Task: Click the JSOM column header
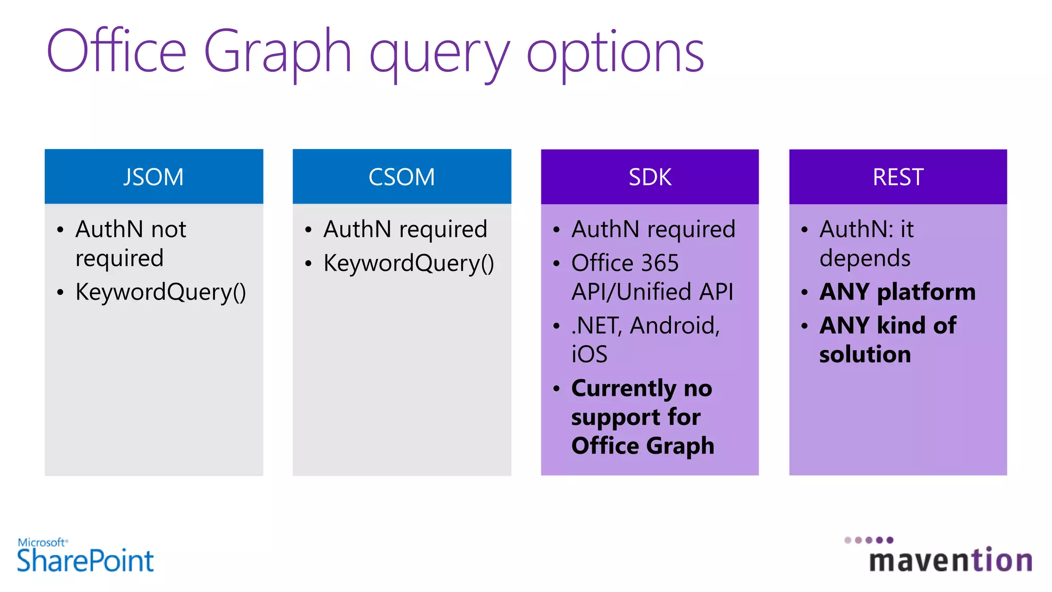tap(153, 177)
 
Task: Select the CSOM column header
tap(402, 177)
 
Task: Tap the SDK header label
tap(650, 177)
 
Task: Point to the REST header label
tap(898, 177)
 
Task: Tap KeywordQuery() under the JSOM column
tap(161, 292)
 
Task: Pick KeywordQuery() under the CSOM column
tap(409, 263)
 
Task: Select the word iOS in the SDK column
tap(589, 354)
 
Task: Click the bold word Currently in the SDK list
tap(624, 388)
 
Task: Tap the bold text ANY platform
tap(897, 292)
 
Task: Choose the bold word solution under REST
tap(865, 354)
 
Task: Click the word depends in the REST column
tap(865, 258)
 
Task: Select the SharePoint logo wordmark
tap(85, 560)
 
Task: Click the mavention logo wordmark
tap(950, 560)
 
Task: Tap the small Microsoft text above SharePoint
tap(42, 542)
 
